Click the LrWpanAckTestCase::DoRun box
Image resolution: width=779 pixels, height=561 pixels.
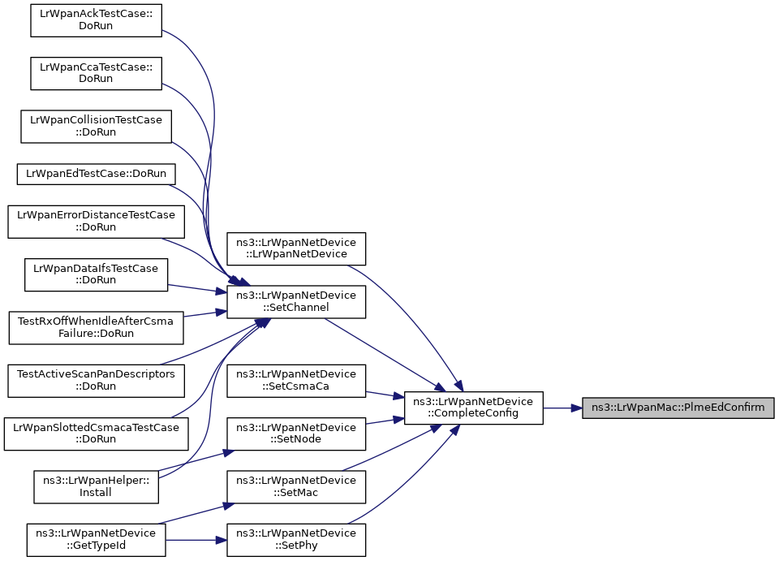click(x=96, y=19)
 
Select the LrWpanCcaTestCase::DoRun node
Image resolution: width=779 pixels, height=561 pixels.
click(x=96, y=73)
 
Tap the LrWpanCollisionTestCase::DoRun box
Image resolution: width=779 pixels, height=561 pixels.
click(x=96, y=126)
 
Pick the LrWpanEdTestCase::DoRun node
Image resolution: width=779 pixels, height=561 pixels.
click(x=96, y=174)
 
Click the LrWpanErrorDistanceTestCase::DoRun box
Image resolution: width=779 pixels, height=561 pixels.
click(x=96, y=221)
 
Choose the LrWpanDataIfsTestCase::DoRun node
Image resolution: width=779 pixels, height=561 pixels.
click(x=96, y=274)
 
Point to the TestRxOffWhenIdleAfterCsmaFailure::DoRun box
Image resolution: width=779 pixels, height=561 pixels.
click(x=96, y=327)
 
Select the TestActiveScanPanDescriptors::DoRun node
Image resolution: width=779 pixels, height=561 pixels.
click(x=96, y=381)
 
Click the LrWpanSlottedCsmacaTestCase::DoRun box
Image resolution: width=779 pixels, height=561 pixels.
click(x=96, y=434)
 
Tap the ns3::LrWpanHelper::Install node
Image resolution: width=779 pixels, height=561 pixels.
click(x=96, y=487)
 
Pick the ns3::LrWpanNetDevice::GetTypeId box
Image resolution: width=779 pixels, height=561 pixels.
click(x=96, y=540)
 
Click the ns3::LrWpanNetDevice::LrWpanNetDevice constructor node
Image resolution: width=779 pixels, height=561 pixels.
click(x=296, y=248)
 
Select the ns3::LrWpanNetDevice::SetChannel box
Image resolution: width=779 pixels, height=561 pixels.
click(x=296, y=302)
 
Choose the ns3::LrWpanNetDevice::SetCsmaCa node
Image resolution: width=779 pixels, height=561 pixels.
click(x=296, y=381)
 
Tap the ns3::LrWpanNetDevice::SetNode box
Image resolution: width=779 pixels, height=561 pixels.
click(x=296, y=434)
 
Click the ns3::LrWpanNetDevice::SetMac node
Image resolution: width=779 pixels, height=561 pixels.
click(x=296, y=487)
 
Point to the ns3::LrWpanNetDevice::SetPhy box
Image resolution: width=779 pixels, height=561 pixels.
click(x=296, y=540)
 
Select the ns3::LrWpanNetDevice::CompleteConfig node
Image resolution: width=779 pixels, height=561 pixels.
click(x=473, y=408)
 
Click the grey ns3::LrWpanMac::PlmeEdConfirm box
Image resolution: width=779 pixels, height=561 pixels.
click(x=678, y=408)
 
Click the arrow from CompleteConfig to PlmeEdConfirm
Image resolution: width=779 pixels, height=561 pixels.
click(x=563, y=408)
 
